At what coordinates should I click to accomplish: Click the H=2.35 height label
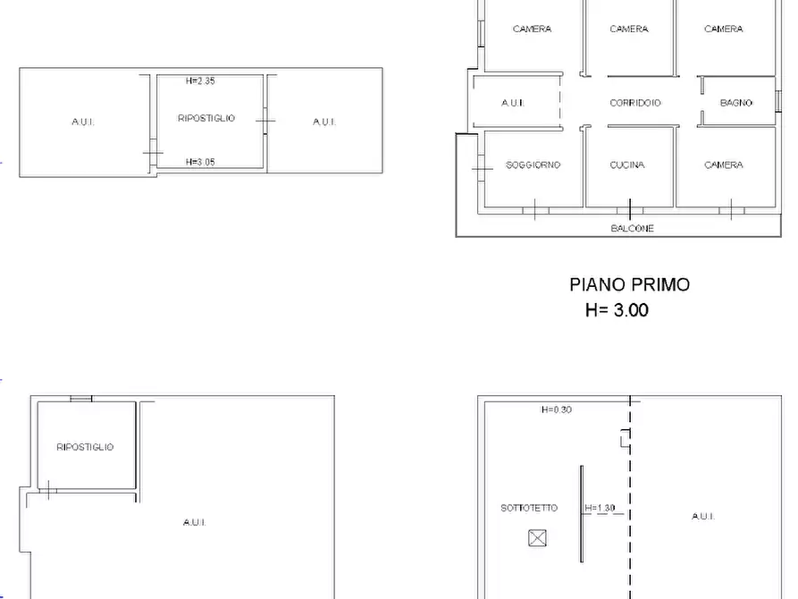pyautogui.click(x=200, y=81)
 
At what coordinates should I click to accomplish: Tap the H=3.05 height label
pyautogui.click(x=200, y=162)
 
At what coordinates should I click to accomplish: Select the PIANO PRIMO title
pyautogui.click(x=629, y=285)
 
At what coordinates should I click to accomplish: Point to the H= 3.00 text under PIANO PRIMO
pyautogui.click(x=617, y=311)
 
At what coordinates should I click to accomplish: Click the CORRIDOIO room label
pyautogui.click(x=635, y=104)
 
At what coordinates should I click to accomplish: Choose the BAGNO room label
pyautogui.click(x=735, y=104)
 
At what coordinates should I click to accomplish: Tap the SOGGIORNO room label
pyautogui.click(x=533, y=165)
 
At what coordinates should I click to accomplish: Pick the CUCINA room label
pyautogui.click(x=627, y=165)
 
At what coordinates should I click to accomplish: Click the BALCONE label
pyautogui.click(x=632, y=229)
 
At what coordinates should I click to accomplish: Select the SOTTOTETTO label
pyautogui.click(x=529, y=508)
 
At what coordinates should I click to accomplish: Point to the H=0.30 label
pyautogui.click(x=556, y=410)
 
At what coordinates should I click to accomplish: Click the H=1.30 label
pyautogui.click(x=600, y=509)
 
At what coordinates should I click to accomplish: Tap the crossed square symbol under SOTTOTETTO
pyautogui.click(x=536, y=537)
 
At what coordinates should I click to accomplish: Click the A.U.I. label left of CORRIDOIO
pyautogui.click(x=512, y=104)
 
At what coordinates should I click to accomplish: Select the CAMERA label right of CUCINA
pyautogui.click(x=723, y=165)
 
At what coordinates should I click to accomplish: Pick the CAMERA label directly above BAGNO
pyautogui.click(x=723, y=30)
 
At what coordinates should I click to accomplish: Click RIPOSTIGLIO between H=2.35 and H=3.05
pyautogui.click(x=206, y=118)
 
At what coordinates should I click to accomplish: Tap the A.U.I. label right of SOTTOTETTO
pyautogui.click(x=702, y=516)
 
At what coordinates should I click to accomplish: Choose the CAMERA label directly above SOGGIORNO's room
pyautogui.click(x=532, y=30)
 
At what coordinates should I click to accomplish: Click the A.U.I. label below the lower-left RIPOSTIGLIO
pyautogui.click(x=194, y=522)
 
